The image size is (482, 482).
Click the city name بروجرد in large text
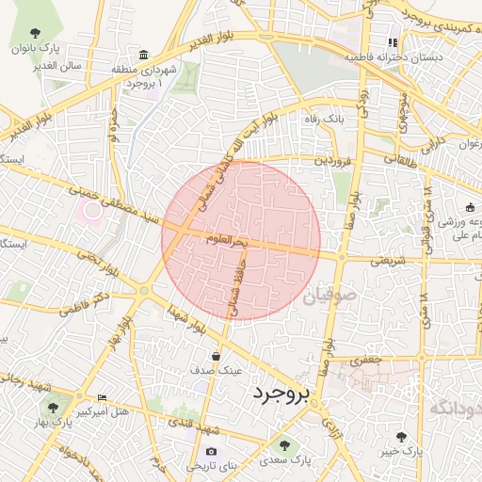click(281, 395)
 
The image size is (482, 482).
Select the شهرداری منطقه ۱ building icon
click(143, 56)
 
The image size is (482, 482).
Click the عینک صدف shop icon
click(217, 357)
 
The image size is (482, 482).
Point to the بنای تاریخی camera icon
click(211, 451)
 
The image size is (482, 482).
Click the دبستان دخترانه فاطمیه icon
click(393, 43)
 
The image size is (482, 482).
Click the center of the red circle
click(241, 241)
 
